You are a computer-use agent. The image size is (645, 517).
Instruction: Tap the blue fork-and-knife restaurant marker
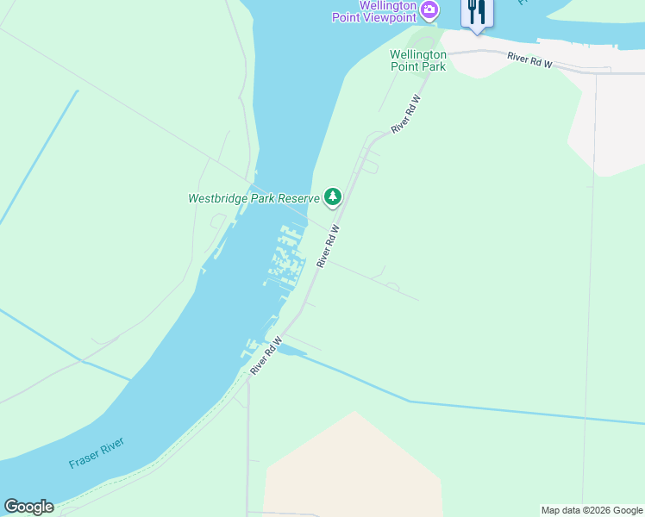click(x=477, y=13)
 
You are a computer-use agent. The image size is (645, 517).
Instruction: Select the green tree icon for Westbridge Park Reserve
click(x=333, y=197)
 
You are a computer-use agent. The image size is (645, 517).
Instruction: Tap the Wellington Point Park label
click(x=418, y=59)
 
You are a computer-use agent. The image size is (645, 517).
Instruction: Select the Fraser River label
click(x=97, y=453)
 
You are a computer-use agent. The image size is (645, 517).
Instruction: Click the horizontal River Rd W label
click(x=529, y=60)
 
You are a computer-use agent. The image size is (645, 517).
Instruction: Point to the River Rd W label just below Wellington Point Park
click(x=406, y=113)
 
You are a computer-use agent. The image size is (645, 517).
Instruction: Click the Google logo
click(x=28, y=507)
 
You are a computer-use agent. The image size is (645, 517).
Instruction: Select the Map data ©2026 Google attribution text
click(x=592, y=510)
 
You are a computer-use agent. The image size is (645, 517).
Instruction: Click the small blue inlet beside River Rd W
click(x=291, y=351)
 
